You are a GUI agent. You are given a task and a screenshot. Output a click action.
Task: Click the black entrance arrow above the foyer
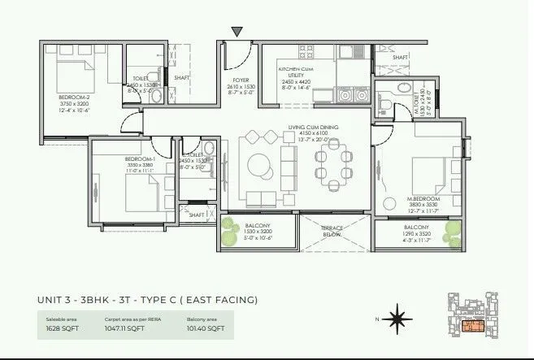[x=237, y=33]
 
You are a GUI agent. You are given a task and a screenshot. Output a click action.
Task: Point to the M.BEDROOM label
[x=424, y=199]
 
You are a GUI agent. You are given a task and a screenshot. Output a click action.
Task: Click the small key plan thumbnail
[x=474, y=318]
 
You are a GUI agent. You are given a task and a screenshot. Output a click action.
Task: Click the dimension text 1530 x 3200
[x=256, y=232]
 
